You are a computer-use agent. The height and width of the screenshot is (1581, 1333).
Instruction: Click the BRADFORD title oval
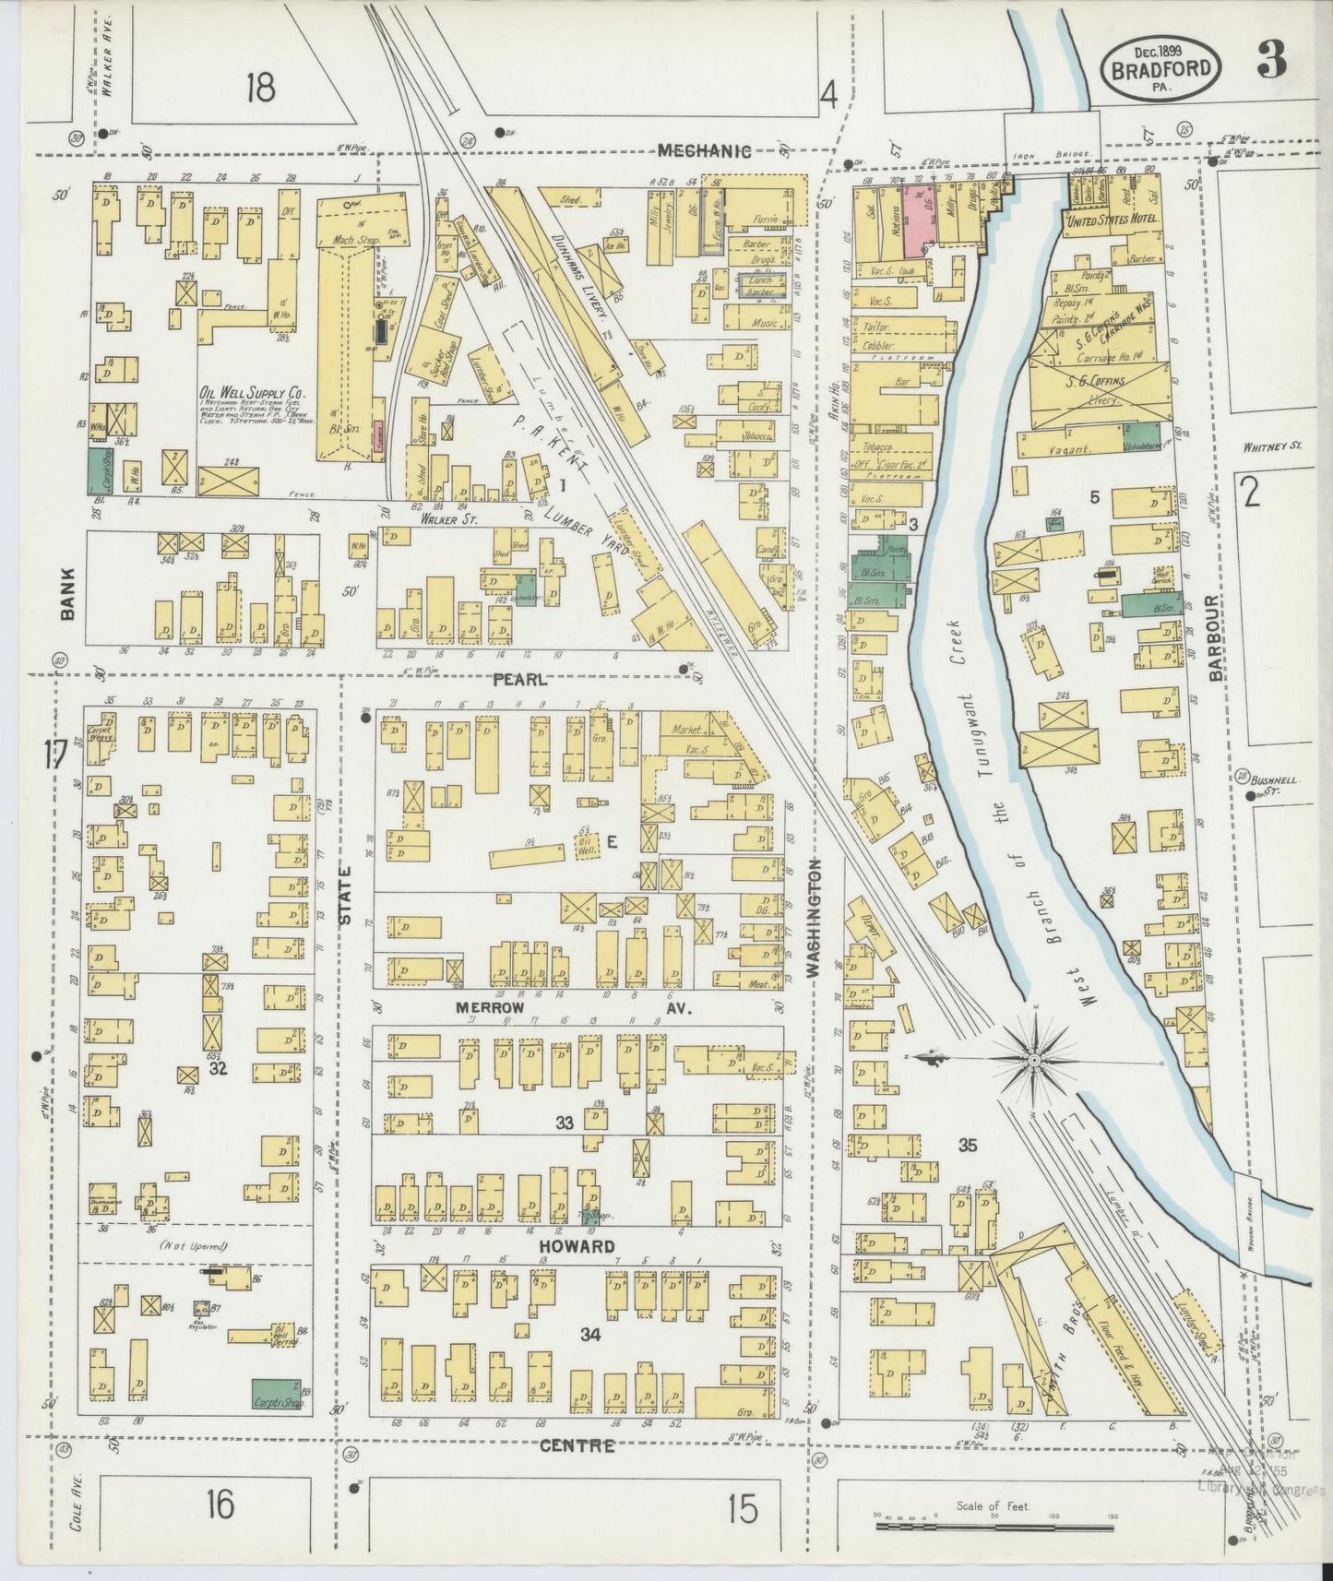(x=1161, y=68)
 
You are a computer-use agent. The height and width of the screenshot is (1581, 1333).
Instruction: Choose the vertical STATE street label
(x=347, y=894)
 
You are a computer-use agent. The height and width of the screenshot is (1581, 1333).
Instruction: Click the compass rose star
(x=1034, y=1061)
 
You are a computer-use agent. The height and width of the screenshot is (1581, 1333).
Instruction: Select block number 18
(x=260, y=89)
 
